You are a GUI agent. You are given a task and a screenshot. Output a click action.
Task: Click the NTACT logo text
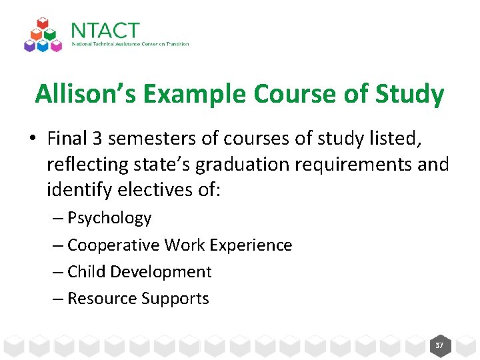105,31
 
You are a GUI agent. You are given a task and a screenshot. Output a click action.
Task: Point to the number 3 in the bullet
97,138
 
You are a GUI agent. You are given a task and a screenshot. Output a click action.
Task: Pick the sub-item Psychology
109,218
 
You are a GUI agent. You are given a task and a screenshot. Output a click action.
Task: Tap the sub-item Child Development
139,272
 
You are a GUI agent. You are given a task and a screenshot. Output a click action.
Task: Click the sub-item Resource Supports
138,299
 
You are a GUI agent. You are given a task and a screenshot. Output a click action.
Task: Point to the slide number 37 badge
439,345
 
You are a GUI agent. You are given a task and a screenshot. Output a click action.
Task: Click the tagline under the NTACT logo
130,45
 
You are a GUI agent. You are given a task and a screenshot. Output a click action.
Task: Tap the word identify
79,190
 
